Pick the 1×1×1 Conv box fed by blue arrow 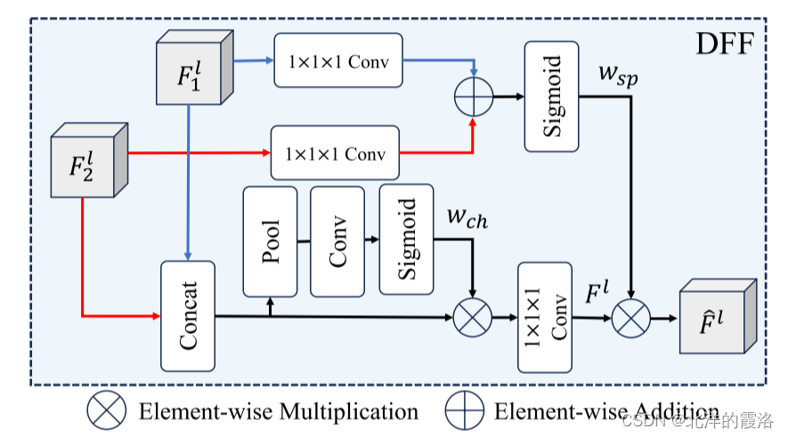[337, 61]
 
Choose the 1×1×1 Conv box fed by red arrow [335, 153]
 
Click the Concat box [188, 316]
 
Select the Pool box [270, 240]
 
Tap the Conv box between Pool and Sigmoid [337, 240]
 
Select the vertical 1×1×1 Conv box [545, 316]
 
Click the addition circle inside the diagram [473, 96]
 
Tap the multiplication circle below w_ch [473, 317]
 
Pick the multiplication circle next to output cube [630, 316]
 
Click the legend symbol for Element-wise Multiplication [107, 410]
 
